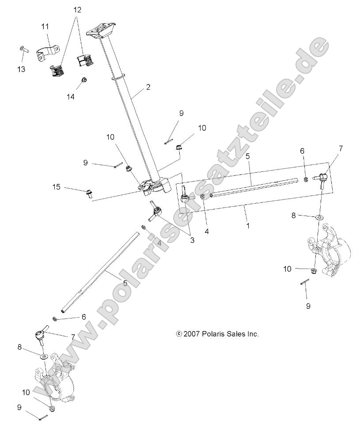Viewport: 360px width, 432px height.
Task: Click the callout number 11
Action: click(45, 27)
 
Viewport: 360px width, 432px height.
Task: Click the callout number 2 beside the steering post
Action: click(148, 87)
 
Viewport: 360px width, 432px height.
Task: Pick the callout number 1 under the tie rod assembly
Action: click(248, 225)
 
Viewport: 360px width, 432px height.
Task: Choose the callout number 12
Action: click(77, 9)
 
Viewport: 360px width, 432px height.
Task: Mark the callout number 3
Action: click(192, 240)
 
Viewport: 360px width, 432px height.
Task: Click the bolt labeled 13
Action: click(23, 50)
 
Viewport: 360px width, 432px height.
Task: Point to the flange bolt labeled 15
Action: click(89, 193)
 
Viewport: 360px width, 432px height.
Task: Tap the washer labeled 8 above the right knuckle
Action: click(318, 217)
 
